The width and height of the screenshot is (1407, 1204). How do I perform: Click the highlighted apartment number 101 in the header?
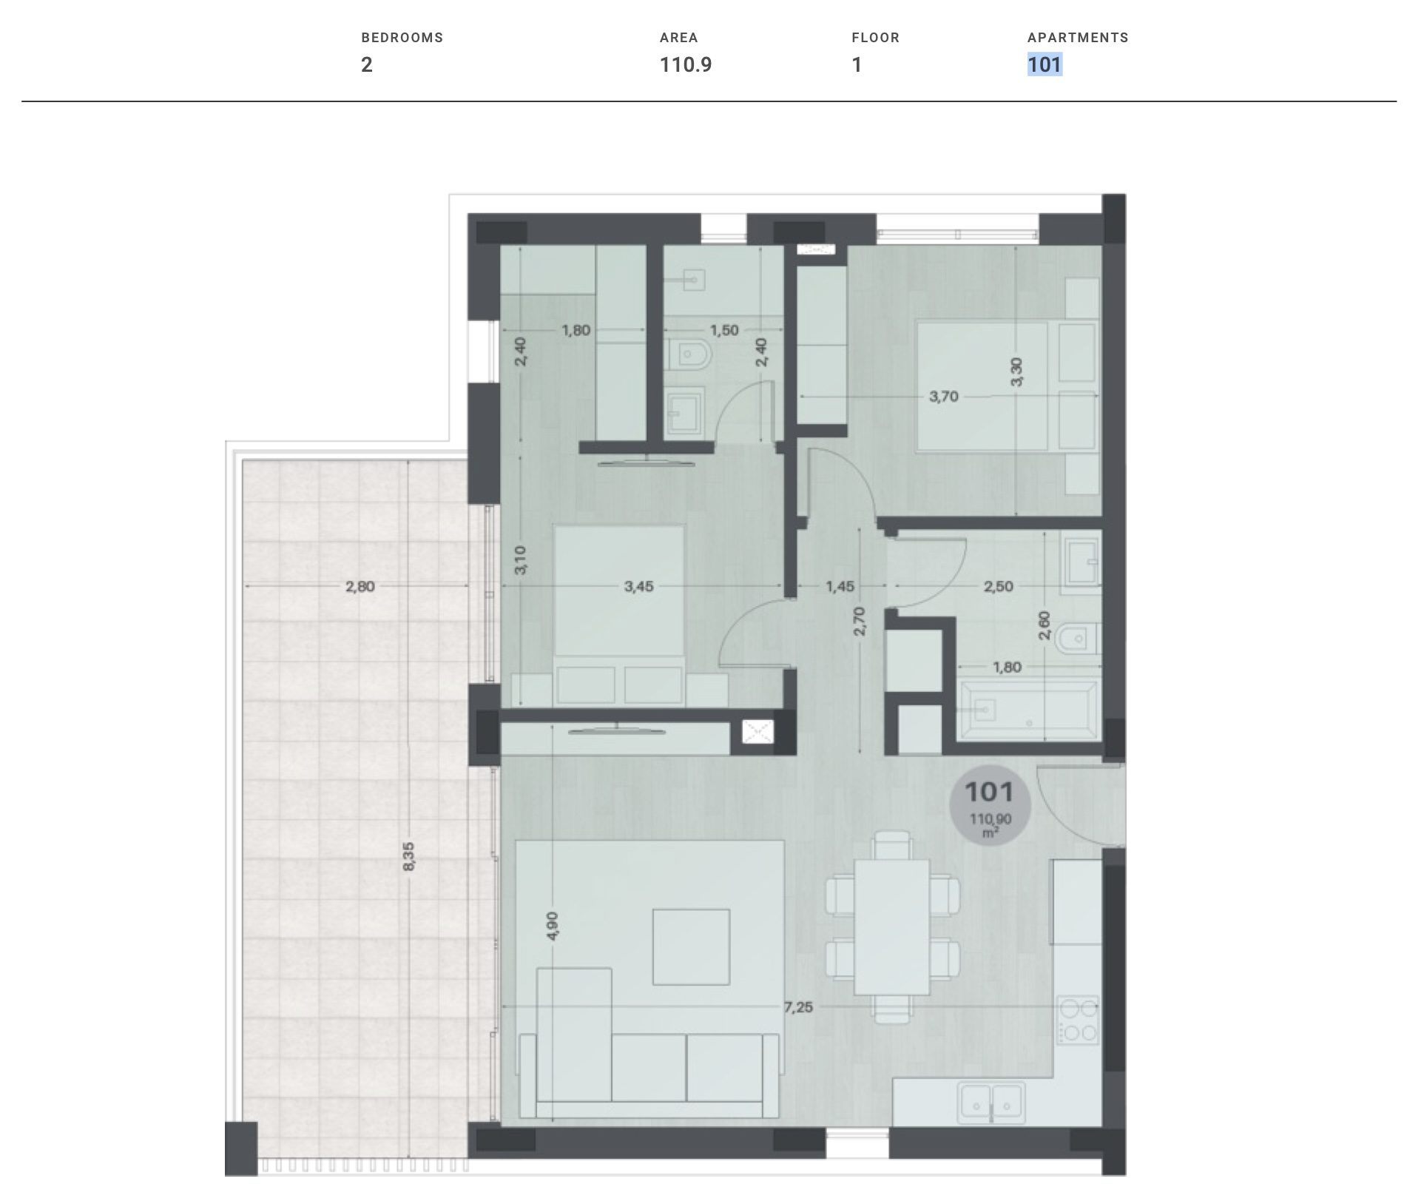[x=1045, y=65]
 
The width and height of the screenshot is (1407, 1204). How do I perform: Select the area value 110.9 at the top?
[x=686, y=65]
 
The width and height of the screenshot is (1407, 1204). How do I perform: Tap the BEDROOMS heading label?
[x=402, y=38]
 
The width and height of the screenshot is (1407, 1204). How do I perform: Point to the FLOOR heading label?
[x=875, y=38]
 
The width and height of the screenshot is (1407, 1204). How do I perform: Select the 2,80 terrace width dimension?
[x=360, y=587]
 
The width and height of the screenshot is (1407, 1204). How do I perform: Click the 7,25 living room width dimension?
[x=798, y=1007]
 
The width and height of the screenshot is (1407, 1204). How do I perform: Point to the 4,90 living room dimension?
[x=554, y=926]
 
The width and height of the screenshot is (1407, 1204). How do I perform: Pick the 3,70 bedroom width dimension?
[x=944, y=397]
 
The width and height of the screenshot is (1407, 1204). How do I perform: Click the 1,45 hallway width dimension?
[x=840, y=587]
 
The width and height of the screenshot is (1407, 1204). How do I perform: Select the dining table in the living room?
[x=891, y=927]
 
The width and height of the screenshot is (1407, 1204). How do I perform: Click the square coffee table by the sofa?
[x=691, y=946]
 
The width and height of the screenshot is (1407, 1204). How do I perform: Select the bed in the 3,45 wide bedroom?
[x=619, y=614]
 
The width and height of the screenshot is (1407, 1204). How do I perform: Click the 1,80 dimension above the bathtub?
[x=1007, y=667]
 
